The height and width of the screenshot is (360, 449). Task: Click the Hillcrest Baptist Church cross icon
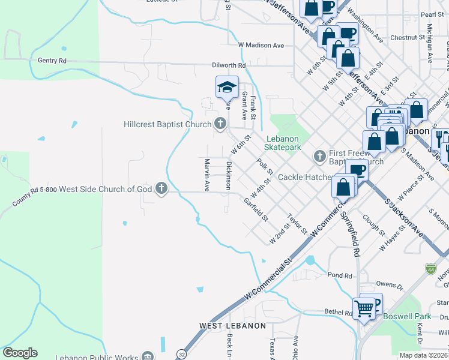pos(220,124)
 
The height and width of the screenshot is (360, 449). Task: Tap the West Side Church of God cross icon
pos(161,189)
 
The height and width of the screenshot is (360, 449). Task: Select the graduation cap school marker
pos(227,88)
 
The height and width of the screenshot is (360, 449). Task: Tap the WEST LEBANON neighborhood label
pos(232,326)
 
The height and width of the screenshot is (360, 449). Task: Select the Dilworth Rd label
pos(229,65)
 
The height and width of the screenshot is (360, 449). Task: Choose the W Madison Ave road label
pos(261,45)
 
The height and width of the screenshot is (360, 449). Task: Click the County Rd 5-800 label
pos(35,197)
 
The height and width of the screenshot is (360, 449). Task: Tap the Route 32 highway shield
pos(181,355)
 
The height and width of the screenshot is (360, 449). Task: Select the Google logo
pos(20,353)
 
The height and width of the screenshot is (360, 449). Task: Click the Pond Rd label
pos(340,275)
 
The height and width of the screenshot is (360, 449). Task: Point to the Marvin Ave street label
pos(206,175)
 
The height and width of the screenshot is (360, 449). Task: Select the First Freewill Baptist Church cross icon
pos(319,156)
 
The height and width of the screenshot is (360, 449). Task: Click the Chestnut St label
pos(408,37)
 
